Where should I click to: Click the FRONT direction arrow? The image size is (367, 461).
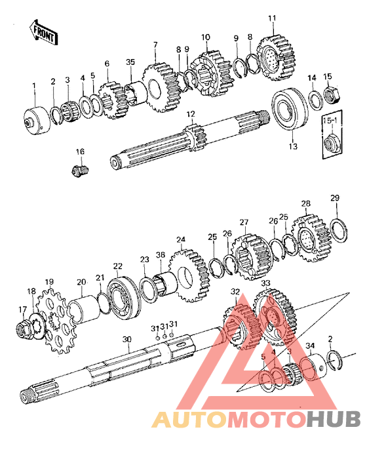click(x=43, y=33)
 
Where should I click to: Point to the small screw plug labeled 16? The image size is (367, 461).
click(x=80, y=170)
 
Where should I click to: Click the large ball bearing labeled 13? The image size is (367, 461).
click(x=290, y=109)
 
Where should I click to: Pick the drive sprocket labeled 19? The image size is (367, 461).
click(x=56, y=321)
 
